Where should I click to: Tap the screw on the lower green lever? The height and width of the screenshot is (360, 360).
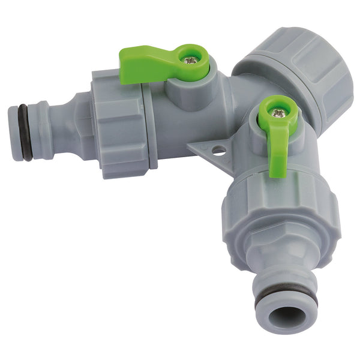[277, 112]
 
